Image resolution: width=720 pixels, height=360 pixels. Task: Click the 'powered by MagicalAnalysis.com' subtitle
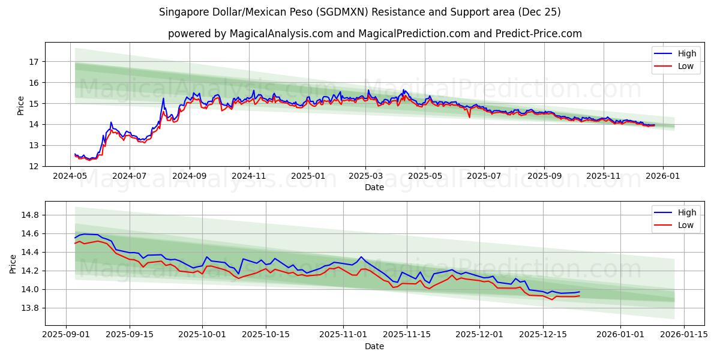pyautogui.click(x=374, y=34)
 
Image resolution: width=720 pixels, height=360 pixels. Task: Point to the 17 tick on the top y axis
pyautogui.click(x=34, y=61)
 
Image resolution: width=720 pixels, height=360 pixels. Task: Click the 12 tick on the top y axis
pyautogui.click(x=34, y=166)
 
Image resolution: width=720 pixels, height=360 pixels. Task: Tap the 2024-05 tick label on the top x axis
pyautogui.click(x=71, y=176)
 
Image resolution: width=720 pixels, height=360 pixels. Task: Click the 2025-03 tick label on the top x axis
pyautogui.click(x=365, y=176)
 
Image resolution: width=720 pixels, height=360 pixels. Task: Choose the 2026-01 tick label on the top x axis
pyautogui.click(x=663, y=176)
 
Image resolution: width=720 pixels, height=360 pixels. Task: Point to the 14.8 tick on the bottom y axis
pyautogui.click(x=30, y=215)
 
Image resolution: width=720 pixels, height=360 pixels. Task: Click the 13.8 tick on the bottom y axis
pyautogui.click(x=30, y=308)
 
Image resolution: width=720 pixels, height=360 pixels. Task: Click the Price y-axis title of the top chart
pyautogui.click(x=20, y=104)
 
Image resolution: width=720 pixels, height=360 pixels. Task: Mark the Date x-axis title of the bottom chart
pyautogui.click(x=374, y=346)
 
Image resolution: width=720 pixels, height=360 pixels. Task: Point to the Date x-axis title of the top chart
pyautogui.click(x=374, y=187)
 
